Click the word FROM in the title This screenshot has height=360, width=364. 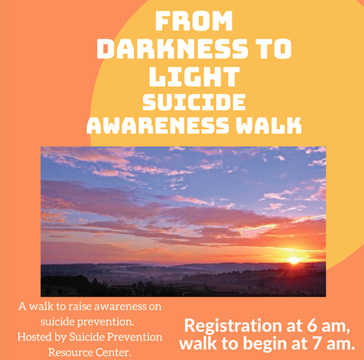[194, 21]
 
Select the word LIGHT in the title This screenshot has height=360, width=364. [194, 76]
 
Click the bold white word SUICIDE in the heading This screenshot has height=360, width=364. [194, 102]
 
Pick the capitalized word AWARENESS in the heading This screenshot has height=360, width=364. [158, 125]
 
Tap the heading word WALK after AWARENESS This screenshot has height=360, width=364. [268, 125]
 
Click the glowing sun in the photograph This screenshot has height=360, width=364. [293, 260]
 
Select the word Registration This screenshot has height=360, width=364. [233, 325]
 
